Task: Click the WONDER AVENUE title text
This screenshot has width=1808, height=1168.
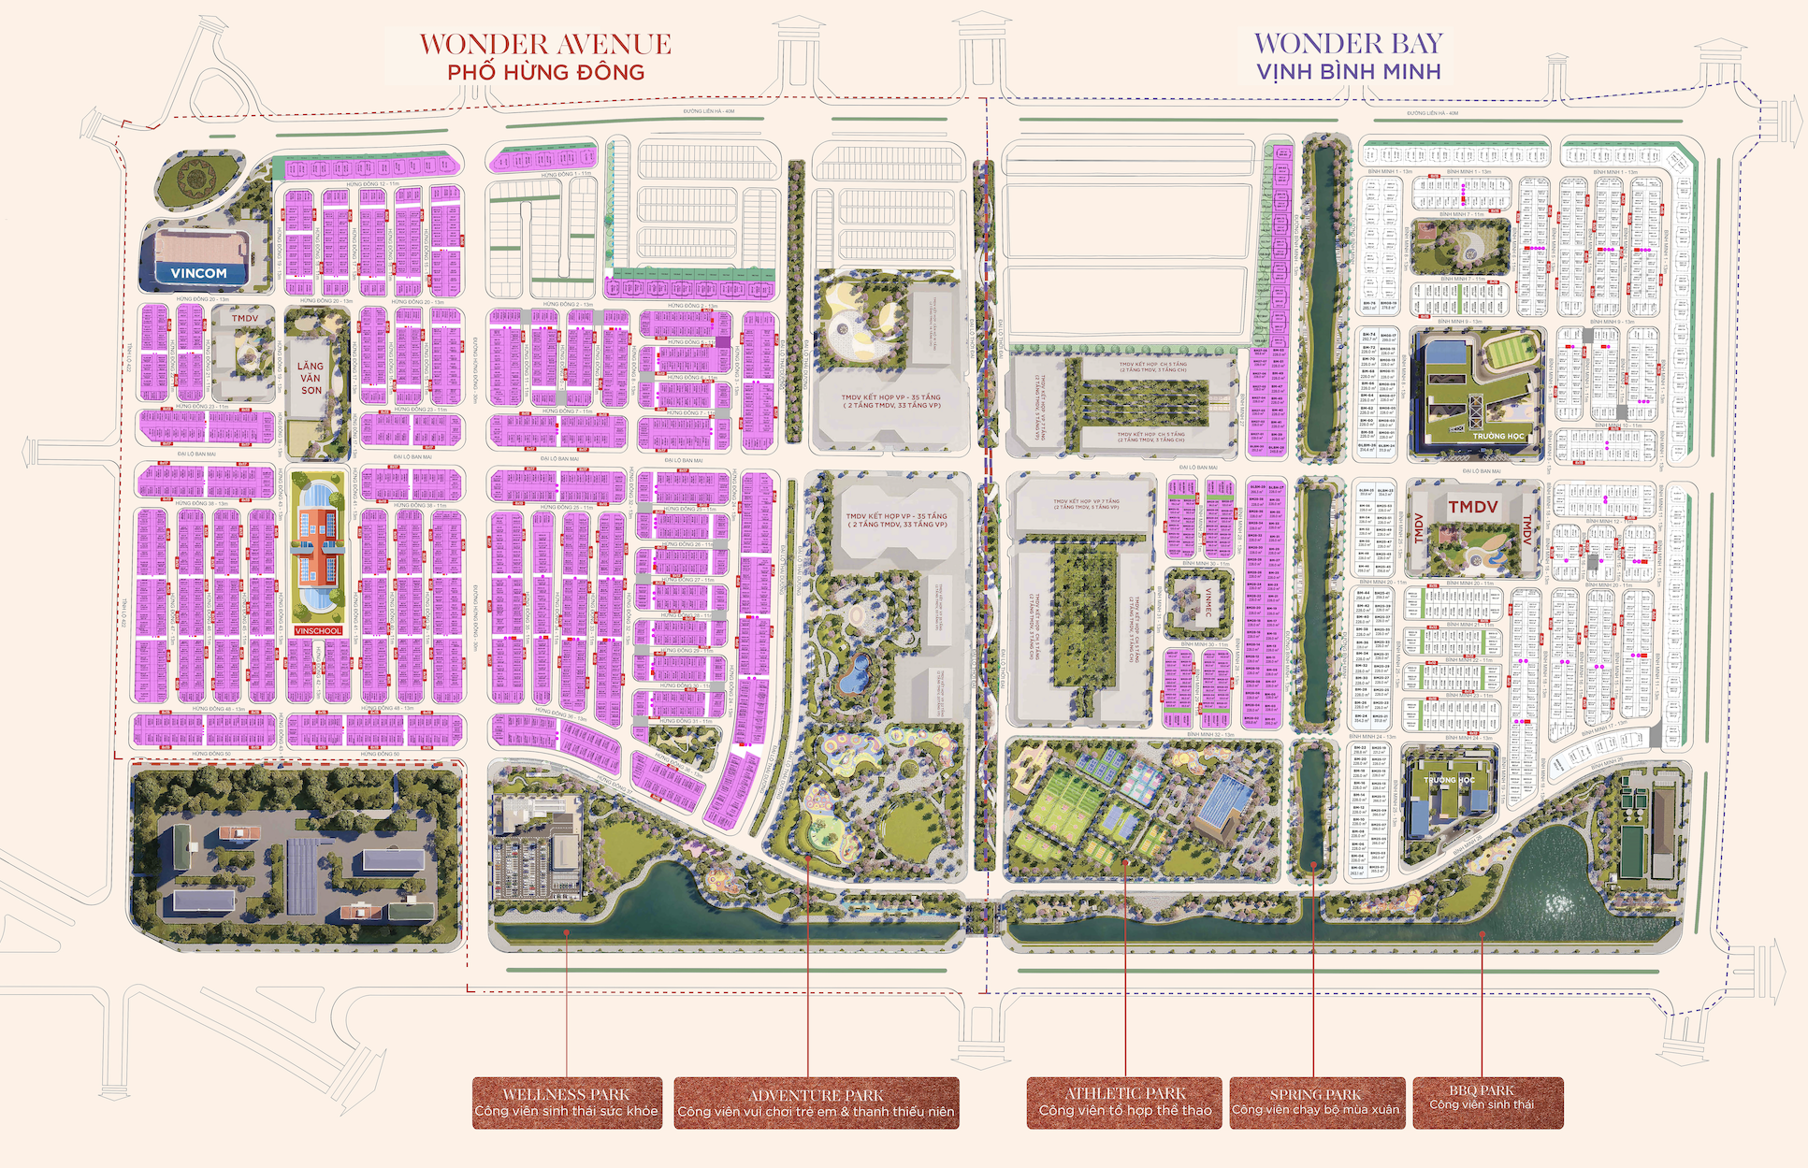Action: pos(544,44)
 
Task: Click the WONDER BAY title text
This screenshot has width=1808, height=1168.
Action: pos(1348,43)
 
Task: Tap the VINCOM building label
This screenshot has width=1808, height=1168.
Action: pos(198,273)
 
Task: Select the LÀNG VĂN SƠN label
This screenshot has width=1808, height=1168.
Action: pos(311,378)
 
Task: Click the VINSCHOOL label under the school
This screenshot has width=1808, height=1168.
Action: pos(318,630)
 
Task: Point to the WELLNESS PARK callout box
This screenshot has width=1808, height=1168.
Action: pos(567,1103)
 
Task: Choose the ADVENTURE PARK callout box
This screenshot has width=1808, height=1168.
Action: pos(816,1103)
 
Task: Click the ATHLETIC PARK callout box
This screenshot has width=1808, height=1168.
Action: pos(1124,1103)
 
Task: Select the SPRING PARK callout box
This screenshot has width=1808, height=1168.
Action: pos(1315,1103)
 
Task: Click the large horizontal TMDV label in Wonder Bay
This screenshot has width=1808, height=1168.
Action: pos(1472,507)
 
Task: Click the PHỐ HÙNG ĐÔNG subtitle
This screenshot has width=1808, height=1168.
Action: pos(545,72)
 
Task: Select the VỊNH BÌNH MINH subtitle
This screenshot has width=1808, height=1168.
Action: pos(1348,72)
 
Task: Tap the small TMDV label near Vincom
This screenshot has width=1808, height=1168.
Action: pos(245,318)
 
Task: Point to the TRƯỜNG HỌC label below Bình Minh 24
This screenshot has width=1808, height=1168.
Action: pos(1448,779)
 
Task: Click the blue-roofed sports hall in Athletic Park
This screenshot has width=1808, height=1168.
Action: pos(1225,804)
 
